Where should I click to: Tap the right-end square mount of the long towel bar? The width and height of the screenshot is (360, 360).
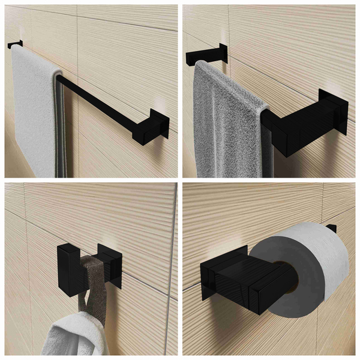159,126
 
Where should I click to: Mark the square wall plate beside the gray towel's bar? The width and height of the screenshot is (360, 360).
334,111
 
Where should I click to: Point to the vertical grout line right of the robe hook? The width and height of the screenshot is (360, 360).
172,270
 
